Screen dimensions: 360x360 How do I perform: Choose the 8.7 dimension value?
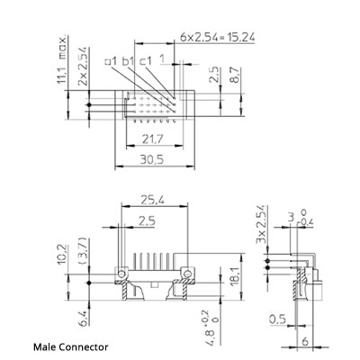point(233,76)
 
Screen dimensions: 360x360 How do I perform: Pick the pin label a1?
point(112,61)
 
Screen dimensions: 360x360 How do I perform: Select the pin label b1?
point(128,61)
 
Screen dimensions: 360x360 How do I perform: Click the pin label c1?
point(145,61)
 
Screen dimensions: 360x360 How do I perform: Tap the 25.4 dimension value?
point(151,202)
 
